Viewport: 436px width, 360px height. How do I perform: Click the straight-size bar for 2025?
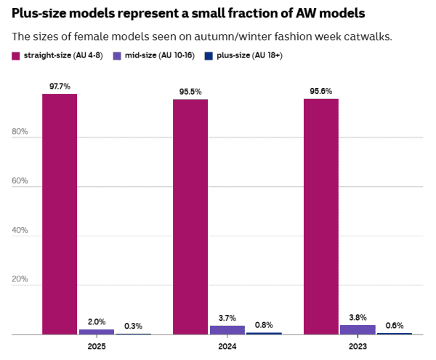pyautogui.click(x=60, y=214)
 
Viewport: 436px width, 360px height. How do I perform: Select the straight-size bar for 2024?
pyautogui.click(x=190, y=217)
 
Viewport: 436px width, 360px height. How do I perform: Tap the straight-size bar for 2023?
pyautogui.click(x=320, y=217)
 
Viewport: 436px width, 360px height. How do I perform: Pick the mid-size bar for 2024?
pyautogui.click(x=227, y=330)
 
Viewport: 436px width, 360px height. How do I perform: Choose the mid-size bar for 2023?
pyautogui.click(x=358, y=329)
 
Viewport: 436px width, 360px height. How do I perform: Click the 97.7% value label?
pyautogui.click(x=60, y=86)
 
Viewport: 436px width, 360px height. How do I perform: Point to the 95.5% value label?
pyautogui.click(x=190, y=92)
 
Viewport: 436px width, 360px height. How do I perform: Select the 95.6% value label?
pyautogui.click(x=320, y=91)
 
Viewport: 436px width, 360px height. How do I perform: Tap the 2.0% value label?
pyautogui.click(x=97, y=321)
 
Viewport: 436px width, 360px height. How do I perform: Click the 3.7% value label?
pyautogui.click(x=227, y=318)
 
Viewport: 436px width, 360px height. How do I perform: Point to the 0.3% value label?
pyautogui.click(x=133, y=326)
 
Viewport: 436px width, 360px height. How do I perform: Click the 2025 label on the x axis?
pyautogui.click(x=97, y=347)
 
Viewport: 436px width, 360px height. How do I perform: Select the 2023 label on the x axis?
pyautogui.click(x=358, y=347)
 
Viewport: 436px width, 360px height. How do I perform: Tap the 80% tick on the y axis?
pyautogui.click(x=20, y=132)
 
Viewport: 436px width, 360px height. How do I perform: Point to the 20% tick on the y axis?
pyautogui.click(x=20, y=279)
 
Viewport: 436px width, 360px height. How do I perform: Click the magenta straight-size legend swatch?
pyautogui.click(x=16, y=55)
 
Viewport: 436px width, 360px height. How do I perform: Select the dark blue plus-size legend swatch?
pyautogui.click(x=209, y=55)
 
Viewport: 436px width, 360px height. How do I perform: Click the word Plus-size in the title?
pyautogui.click(x=40, y=13)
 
